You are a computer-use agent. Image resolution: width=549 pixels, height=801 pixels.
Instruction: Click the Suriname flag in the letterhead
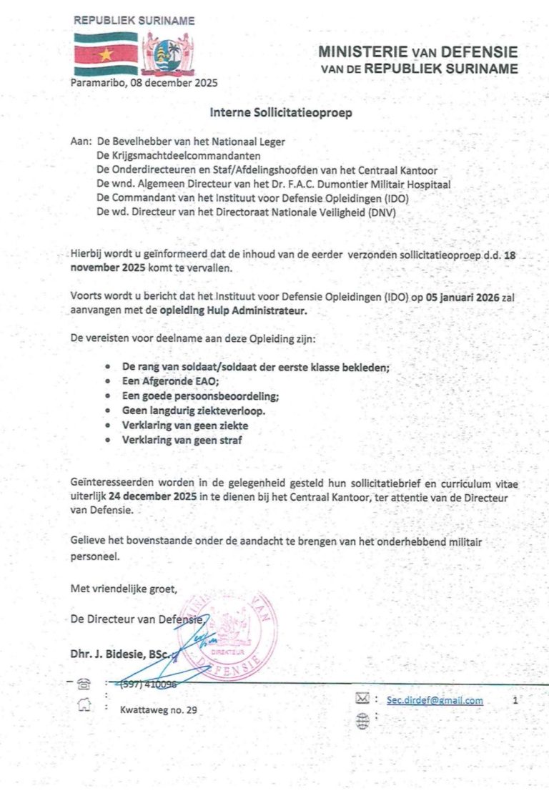tap(106, 54)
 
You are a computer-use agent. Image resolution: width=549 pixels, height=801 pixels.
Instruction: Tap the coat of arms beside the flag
tap(168, 54)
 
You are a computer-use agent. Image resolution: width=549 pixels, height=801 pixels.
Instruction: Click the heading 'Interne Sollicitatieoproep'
tap(280, 112)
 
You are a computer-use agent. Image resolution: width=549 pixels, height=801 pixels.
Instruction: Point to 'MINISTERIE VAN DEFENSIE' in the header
tap(418, 53)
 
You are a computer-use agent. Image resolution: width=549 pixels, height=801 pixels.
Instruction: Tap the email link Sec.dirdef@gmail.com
tap(435, 701)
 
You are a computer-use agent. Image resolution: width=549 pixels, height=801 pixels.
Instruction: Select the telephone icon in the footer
tap(84, 684)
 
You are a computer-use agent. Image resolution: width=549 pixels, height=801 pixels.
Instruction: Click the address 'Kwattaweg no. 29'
tap(158, 710)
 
